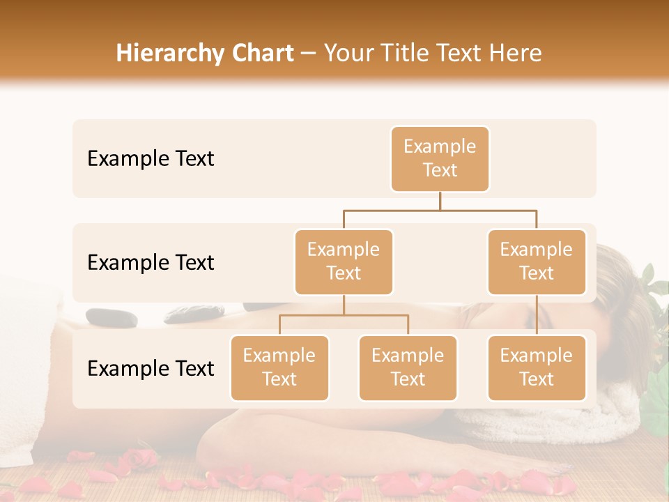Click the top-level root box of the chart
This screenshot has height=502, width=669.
[440, 159]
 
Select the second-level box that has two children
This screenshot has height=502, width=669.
[344, 261]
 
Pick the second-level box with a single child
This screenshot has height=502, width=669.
[537, 261]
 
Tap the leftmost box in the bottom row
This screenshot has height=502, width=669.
[279, 367]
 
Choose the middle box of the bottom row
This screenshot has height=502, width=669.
[408, 367]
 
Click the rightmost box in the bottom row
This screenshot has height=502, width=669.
[537, 367]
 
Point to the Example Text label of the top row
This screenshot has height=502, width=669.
[151, 159]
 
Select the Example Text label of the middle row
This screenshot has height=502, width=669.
[151, 263]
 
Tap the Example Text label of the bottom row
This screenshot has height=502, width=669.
[151, 369]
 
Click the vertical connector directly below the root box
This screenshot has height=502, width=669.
[440, 201]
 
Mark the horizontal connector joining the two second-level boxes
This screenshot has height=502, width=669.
[440, 210]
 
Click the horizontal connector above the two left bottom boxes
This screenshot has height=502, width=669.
[344, 315]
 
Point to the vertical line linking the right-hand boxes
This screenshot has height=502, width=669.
[537, 315]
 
